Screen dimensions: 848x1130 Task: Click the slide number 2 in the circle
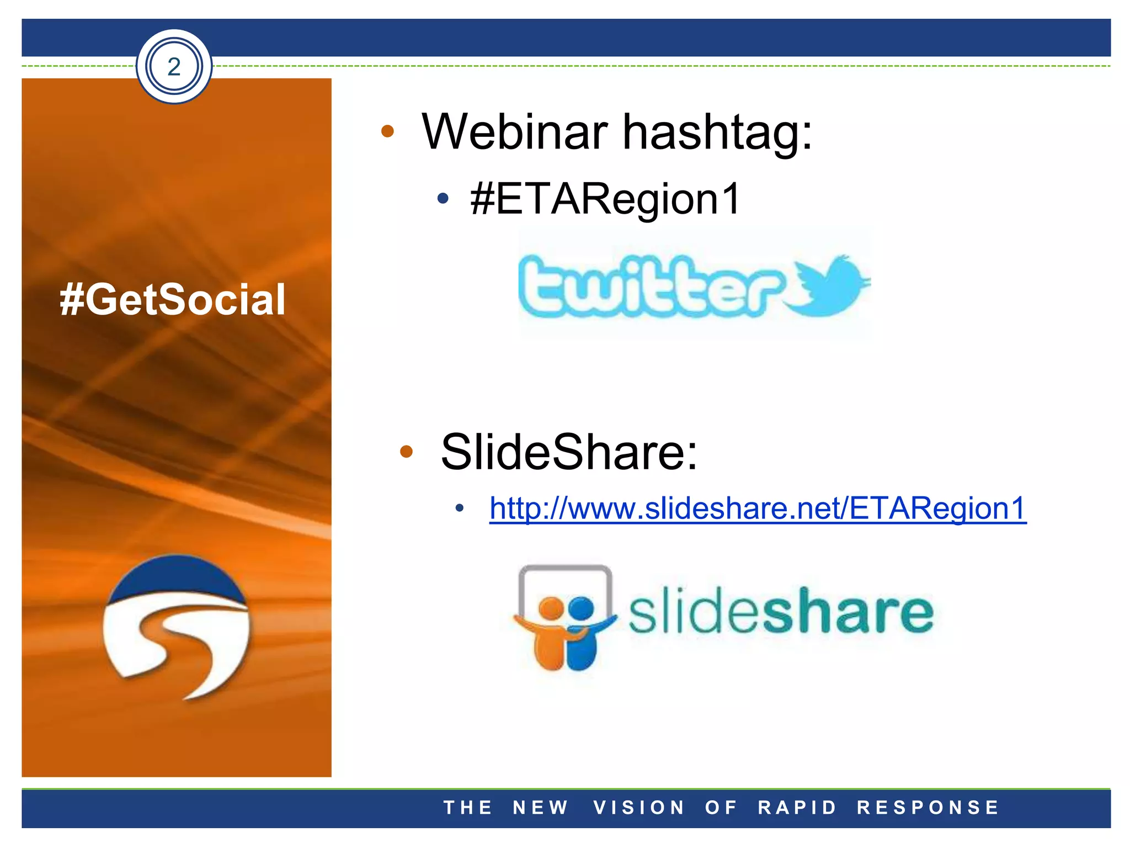point(174,67)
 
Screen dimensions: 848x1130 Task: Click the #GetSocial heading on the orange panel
point(173,299)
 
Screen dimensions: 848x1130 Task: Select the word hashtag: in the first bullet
point(717,132)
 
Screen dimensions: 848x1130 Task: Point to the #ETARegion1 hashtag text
point(605,199)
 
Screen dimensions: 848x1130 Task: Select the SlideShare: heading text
point(569,452)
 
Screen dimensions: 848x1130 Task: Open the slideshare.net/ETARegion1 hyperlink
point(758,508)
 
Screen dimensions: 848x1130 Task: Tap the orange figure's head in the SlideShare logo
point(551,608)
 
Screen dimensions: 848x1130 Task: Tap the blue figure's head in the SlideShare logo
point(580,608)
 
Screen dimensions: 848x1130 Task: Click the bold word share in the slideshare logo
point(847,611)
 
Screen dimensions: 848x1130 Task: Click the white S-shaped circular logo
point(177,628)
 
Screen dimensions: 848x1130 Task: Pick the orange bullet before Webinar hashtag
point(388,131)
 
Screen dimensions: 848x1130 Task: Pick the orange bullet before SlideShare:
point(406,452)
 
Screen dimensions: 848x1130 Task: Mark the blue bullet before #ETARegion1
point(443,199)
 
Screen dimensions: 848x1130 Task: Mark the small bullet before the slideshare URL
point(460,508)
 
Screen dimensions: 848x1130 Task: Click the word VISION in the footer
point(639,808)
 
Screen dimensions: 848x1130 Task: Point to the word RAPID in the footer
point(798,808)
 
